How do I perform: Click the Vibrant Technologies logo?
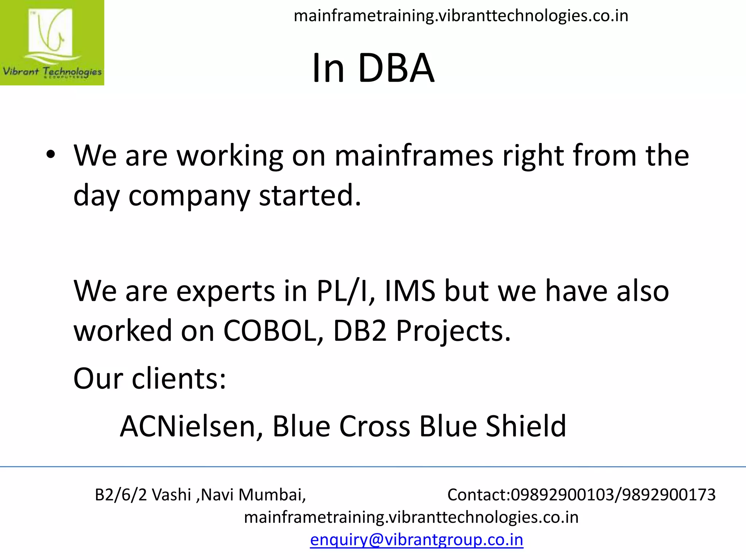tap(52, 43)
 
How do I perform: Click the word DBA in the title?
tap(396, 68)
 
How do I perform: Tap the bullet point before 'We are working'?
tap(51, 155)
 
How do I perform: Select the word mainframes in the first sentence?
tap(414, 156)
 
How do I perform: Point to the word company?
tap(189, 196)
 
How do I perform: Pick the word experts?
tap(225, 291)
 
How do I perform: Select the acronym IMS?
tap(410, 291)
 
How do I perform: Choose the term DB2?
tap(360, 331)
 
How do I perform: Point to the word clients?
tap(178, 379)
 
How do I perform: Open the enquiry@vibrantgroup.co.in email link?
tap(416, 540)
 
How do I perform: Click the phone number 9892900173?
tap(669, 495)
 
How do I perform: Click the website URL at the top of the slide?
tap(461, 16)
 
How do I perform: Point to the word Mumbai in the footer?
tap(272, 495)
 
